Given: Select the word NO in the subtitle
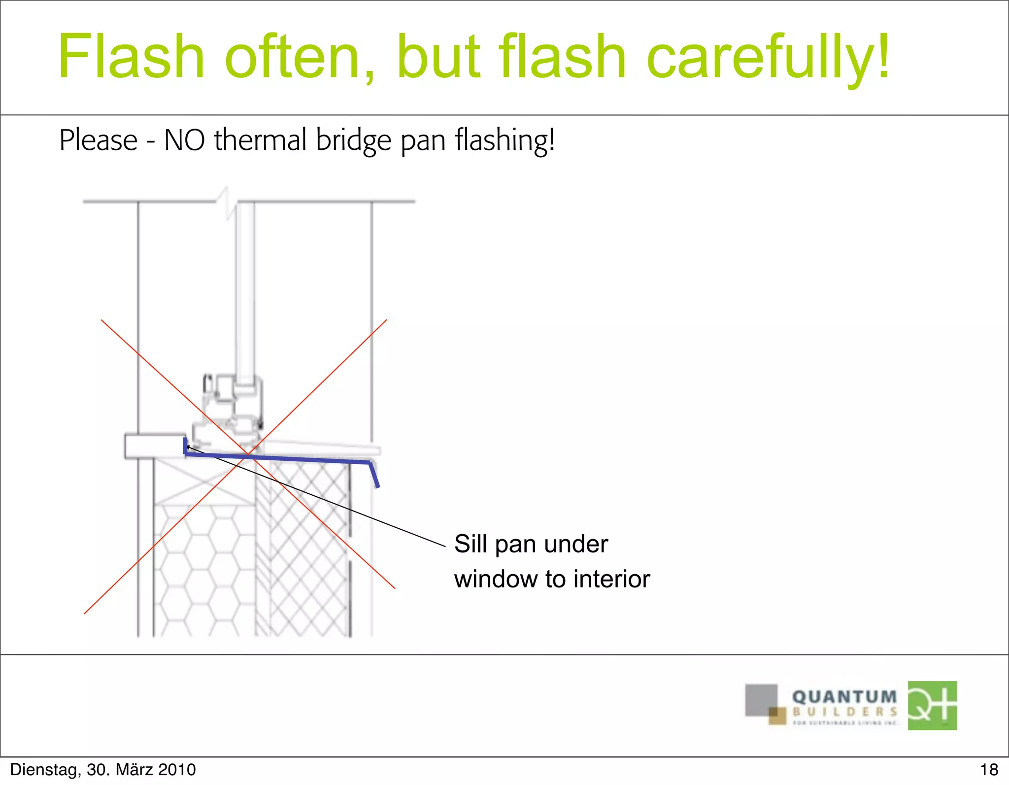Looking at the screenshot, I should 184,140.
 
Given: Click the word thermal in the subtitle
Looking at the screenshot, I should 261,140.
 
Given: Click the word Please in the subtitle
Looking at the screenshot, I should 98,140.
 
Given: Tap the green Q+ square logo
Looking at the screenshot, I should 932,705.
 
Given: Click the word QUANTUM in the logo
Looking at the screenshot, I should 844,697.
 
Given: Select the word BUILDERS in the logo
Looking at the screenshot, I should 844,712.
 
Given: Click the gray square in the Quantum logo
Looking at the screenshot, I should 760,699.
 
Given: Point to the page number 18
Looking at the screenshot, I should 989,770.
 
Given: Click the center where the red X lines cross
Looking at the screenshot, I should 248,453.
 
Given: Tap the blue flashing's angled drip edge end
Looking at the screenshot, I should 375,476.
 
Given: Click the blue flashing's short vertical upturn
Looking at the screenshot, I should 185,445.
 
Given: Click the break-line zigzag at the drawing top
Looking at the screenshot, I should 228,202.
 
